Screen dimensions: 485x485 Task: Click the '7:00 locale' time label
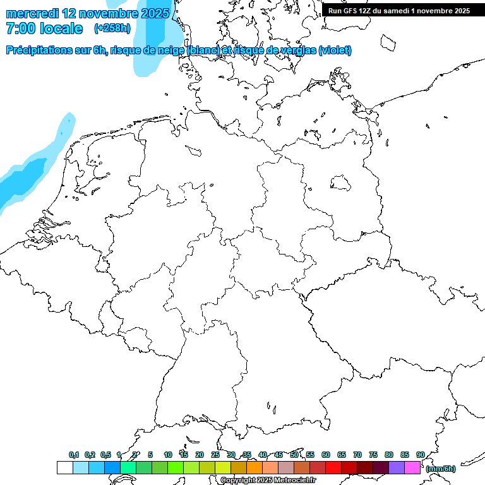click(44, 28)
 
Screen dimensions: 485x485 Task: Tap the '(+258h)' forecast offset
click(112, 28)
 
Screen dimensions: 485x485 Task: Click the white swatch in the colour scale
click(64, 468)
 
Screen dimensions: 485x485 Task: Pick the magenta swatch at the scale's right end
click(412, 468)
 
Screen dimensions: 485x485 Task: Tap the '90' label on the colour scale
click(420, 455)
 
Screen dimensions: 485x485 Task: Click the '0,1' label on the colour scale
click(73, 455)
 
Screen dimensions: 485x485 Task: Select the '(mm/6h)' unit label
click(441, 469)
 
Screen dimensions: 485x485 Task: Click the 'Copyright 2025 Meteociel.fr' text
click(268, 480)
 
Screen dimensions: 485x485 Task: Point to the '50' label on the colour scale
click(294, 455)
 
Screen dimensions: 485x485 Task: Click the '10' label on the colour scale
click(168, 455)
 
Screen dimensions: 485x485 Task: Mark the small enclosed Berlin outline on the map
click(340, 183)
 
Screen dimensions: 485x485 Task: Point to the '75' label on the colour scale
click(373, 455)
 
